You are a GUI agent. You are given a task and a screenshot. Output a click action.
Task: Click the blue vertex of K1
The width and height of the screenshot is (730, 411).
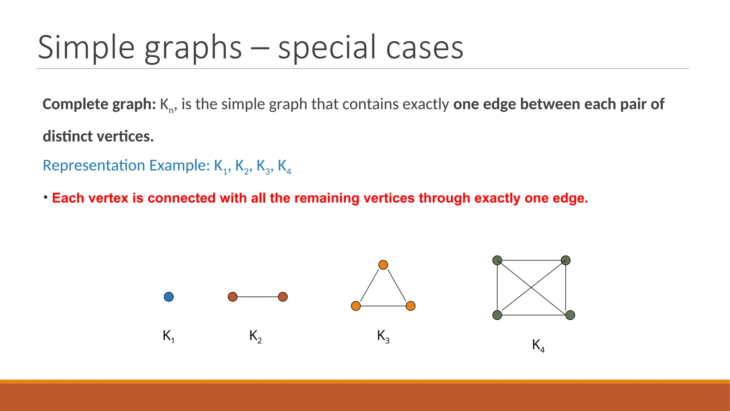click(x=169, y=297)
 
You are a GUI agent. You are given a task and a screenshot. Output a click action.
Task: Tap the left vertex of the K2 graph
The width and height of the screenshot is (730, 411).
click(x=232, y=297)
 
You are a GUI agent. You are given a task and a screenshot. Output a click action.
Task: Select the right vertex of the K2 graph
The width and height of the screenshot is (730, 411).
click(x=283, y=297)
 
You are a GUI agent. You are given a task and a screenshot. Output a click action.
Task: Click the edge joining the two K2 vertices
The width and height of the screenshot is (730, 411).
click(x=258, y=297)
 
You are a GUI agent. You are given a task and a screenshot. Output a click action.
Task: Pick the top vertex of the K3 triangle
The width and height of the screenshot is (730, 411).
click(x=383, y=265)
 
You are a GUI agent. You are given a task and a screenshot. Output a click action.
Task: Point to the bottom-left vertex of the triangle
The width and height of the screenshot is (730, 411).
click(x=356, y=306)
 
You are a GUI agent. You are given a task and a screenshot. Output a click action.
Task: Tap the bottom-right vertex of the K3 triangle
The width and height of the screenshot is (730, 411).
click(x=411, y=306)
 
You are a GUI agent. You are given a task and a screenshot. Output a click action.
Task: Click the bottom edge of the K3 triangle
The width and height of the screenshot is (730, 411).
click(x=383, y=306)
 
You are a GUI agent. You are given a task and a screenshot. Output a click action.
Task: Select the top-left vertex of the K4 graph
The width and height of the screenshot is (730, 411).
click(x=497, y=260)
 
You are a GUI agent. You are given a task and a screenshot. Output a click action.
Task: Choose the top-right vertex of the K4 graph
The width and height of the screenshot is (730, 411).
click(x=566, y=260)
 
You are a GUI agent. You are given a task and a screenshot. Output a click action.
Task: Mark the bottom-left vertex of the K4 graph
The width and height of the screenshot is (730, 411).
click(x=497, y=315)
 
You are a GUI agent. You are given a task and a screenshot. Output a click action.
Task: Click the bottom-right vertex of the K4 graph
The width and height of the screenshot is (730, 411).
click(x=570, y=315)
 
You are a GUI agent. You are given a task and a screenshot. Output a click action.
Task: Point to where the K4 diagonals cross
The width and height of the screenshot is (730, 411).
click(x=531, y=288)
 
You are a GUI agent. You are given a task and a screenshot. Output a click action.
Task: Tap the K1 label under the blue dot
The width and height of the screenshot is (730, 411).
click(x=168, y=336)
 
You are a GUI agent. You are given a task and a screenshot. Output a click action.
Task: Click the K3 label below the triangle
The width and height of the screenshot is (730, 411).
click(x=383, y=336)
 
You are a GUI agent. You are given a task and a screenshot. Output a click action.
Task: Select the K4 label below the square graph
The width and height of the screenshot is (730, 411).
click(x=538, y=345)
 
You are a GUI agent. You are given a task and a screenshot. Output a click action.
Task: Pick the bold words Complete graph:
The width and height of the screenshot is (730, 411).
click(x=99, y=104)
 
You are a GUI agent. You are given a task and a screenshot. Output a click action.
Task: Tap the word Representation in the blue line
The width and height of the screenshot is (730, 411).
click(x=94, y=166)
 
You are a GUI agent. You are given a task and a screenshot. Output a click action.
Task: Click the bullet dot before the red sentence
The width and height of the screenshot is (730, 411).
click(x=46, y=197)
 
